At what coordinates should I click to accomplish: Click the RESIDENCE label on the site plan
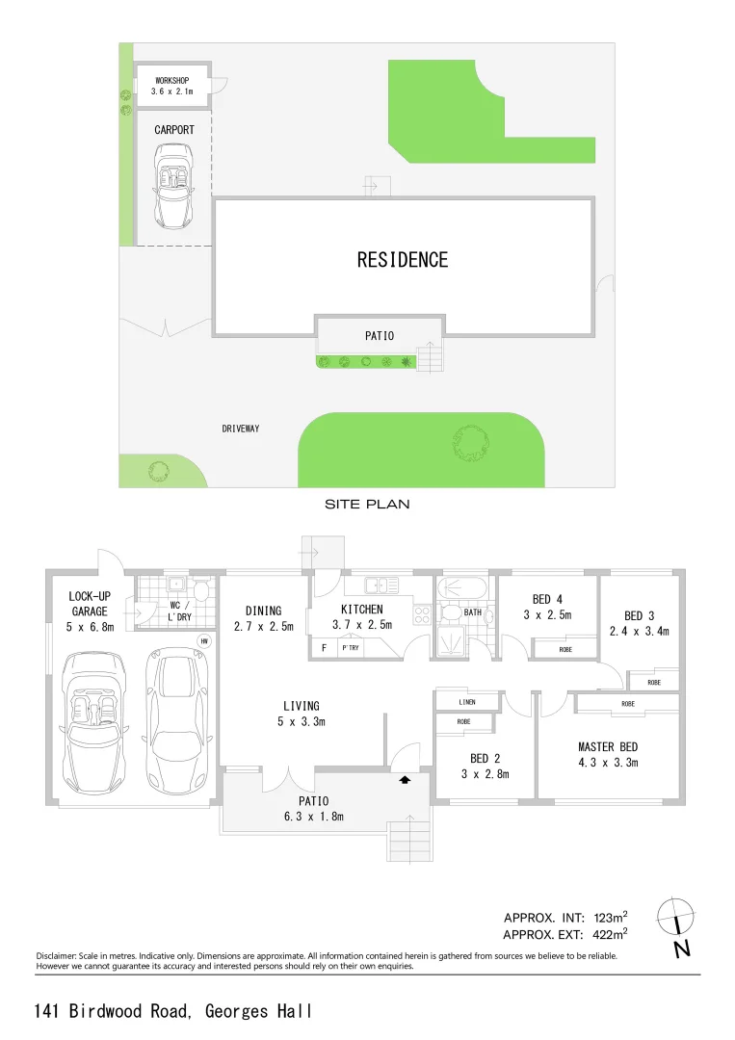(403, 260)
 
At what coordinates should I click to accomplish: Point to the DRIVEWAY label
(241, 429)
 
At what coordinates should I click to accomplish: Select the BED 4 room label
(547, 607)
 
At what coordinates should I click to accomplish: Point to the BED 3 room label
(639, 623)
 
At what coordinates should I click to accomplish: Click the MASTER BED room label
(608, 754)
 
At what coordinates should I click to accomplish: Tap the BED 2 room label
(485, 766)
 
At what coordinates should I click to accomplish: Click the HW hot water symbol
(204, 640)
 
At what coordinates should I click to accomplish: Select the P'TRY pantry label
(350, 648)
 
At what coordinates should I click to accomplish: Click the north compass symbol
(678, 921)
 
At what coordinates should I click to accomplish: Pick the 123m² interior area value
(607, 917)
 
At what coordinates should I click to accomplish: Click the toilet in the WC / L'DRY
(200, 589)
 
